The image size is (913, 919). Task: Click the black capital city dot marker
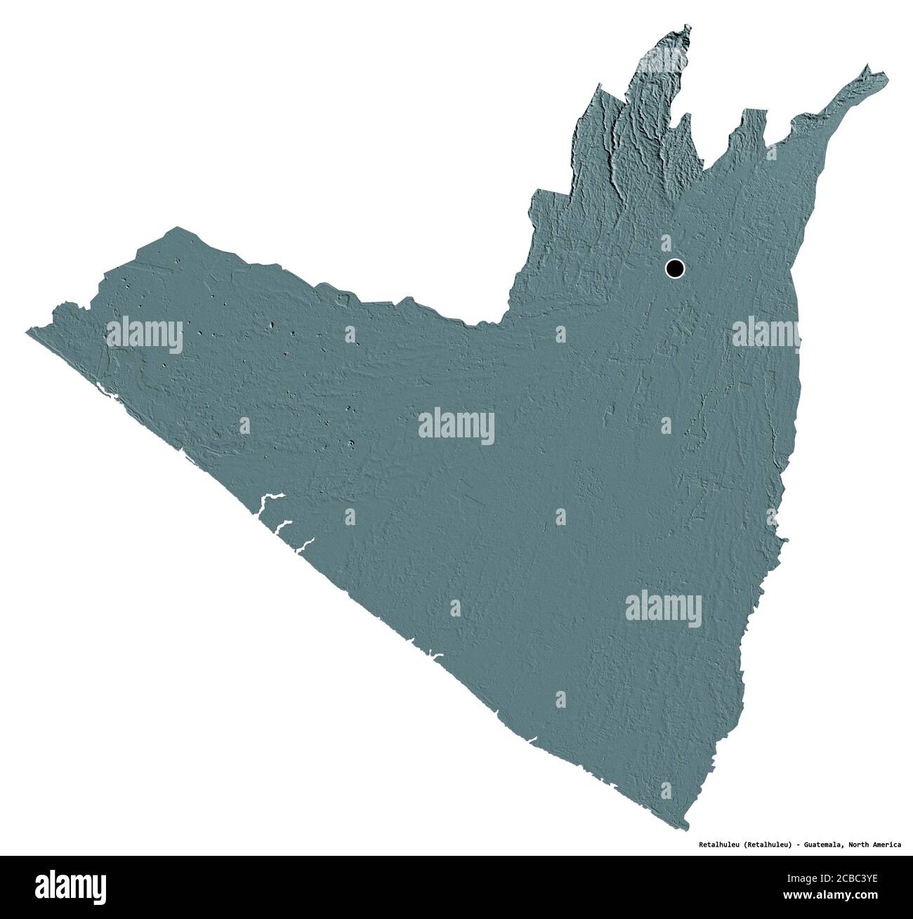674,267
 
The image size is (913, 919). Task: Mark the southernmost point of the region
687,826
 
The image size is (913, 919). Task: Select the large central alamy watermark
456,427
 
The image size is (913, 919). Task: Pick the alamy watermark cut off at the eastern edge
766,332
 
